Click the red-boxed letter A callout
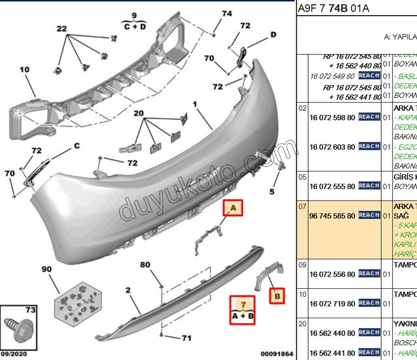point(234,208)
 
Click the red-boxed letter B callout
point(277,296)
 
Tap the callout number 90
point(47,270)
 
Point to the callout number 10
point(25,70)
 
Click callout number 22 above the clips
point(61,29)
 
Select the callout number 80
point(145,265)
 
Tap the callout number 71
point(186,338)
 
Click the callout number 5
point(272,191)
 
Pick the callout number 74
point(226,14)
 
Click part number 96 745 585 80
point(332,216)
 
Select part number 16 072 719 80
point(332,304)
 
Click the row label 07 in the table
point(303,206)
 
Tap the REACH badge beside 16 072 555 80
point(369,186)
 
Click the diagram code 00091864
point(276,354)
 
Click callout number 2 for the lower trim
point(128,290)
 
